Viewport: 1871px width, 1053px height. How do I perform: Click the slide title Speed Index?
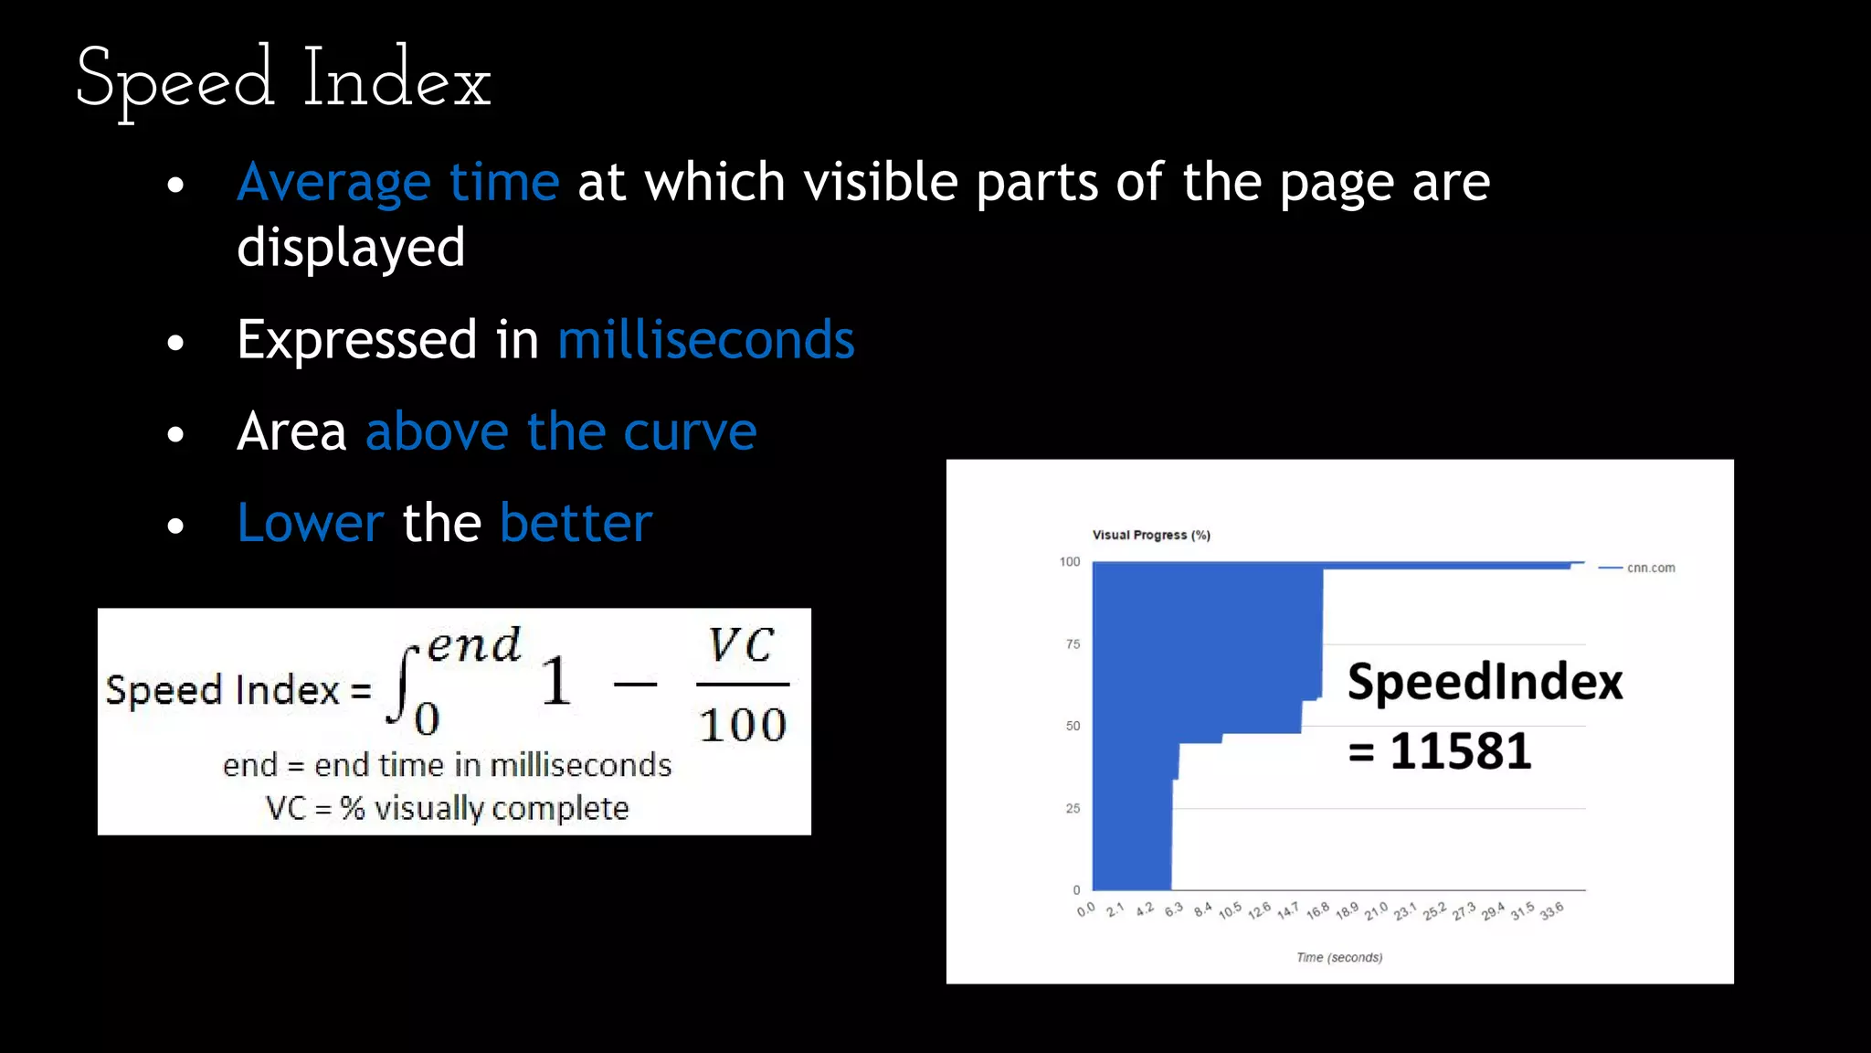(283, 80)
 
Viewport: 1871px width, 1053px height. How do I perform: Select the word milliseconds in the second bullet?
(705, 340)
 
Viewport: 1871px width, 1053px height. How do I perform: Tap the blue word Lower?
(310, 523)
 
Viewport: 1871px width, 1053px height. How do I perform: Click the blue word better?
(576, 523)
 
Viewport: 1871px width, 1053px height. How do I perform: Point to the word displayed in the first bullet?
(351, 248)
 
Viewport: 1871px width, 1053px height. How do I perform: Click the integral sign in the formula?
(402, 686)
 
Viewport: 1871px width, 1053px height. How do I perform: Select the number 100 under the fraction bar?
(742, 726)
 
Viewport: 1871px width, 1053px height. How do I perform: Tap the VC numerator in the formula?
(742, 645)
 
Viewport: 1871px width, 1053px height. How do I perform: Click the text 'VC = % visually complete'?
(447, 808)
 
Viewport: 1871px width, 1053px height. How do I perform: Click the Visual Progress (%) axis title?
(1151, 535)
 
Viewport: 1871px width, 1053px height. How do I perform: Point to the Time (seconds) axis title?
(1339, 957)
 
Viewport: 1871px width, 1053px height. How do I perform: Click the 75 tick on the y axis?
(1073, 644)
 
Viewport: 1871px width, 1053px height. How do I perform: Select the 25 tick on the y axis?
(1073, 808)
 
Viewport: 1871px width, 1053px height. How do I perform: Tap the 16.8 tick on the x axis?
(1317, 911)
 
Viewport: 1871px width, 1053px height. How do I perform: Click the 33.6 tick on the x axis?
(1551, 911)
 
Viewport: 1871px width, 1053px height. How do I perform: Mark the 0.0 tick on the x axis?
(1085, 910)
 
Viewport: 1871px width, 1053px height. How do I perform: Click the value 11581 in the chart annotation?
(1460, 751)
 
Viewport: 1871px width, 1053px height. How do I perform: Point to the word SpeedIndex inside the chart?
(1485, 682)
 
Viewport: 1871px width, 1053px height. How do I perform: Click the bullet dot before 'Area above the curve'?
(176, 434)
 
